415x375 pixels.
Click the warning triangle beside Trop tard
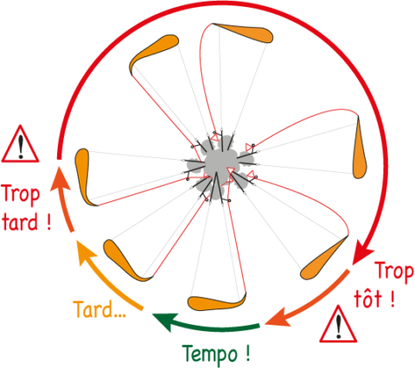coord(20,143)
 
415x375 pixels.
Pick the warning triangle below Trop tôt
coord(338,324)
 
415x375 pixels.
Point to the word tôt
coord(368,299)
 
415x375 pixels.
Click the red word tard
coord(20,221)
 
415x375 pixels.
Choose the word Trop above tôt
coord(395,271)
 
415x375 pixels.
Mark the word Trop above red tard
coord(21,194)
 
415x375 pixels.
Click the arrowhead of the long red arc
coord(362,254)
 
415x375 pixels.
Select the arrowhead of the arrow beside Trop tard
coord(60,179)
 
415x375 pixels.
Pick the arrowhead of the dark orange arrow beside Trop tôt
coord(278,318)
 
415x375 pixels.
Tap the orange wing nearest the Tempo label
coord(217,302)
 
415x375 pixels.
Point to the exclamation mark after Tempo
coord(248,353)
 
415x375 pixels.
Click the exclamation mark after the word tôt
coord(392,299)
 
